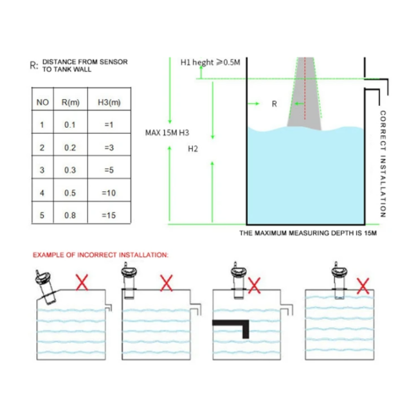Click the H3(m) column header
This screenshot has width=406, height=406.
pos(109,102)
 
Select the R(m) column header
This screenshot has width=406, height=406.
pos(70,102)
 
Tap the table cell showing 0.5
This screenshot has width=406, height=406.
pos(70,193)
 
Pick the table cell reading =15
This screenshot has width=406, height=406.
pos(109,216)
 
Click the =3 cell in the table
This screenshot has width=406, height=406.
pos(109,147)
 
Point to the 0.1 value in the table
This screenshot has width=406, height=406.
pos(69,124)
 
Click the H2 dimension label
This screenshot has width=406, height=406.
pos(193,149)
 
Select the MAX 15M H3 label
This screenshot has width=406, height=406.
pos(167,133)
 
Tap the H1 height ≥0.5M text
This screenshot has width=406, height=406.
pos(211,63)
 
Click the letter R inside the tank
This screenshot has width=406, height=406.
pos(274,104)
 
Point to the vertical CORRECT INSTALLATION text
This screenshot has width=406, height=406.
pos(382,164)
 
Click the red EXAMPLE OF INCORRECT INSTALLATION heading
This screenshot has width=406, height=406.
pos(101,255)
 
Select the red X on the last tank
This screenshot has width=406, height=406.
pos(363,286)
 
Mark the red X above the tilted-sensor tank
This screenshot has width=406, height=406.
pos(82,283)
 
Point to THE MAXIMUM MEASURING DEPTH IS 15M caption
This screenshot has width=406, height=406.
pos(308,233)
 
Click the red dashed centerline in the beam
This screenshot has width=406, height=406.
pos(304,89)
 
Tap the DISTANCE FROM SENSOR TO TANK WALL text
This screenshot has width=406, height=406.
pos(85,65)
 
